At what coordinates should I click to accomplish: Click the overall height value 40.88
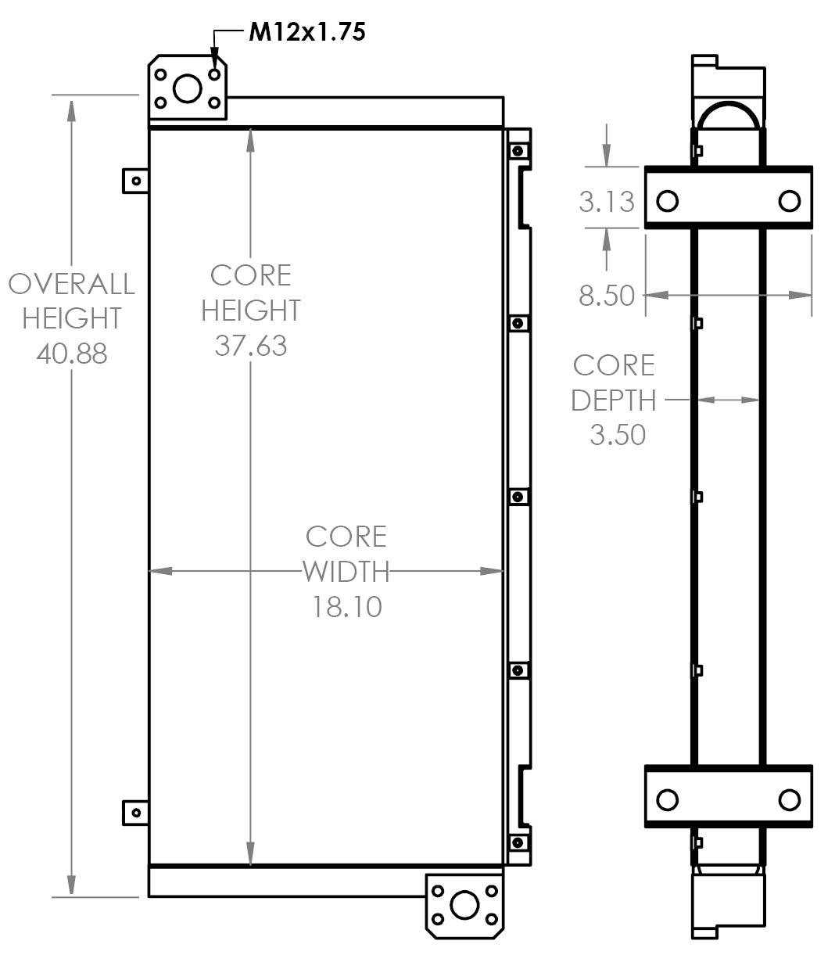pos(71,354)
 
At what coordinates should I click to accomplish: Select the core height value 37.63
pos(251,345)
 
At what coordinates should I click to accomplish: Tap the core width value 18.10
pos(347,606)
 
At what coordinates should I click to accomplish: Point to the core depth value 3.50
pos(618,434)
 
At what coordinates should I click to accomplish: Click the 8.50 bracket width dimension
pos(607,296)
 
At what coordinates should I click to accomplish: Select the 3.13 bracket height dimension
pos(607,202)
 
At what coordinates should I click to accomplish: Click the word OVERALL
pos(71,283)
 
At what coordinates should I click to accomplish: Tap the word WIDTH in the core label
pos(346,572)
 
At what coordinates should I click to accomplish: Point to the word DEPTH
pos(614,400)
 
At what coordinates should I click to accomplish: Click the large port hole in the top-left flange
pos(187,88)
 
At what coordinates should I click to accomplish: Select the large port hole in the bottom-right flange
pos(464,905)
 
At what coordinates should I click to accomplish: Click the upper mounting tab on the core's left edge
pos(135,181)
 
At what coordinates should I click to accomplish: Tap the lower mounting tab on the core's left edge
pos(135,812)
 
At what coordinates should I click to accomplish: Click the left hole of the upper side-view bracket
pos(667,202)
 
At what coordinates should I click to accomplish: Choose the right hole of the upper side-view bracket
pos(790,202)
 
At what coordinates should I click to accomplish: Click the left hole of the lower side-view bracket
pos(667,800)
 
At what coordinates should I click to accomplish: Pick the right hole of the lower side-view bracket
pos(790,800)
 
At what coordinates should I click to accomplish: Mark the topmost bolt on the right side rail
pos(517,150)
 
